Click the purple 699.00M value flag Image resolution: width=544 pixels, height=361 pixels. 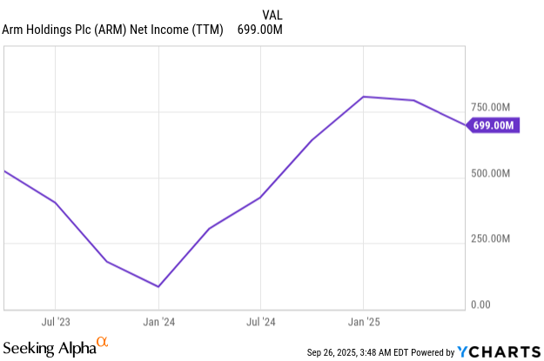point(494,126)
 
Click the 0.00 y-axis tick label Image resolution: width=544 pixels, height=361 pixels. point(480,305)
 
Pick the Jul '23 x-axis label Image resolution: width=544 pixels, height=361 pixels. point(56,321)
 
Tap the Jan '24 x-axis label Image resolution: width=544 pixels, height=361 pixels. point(158,321)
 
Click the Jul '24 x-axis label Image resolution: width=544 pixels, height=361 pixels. point(261,321)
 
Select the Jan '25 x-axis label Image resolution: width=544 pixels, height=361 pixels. point(364,321)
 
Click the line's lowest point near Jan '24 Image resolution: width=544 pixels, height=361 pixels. point(158,286)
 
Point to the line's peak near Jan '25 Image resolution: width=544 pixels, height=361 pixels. point(364,97)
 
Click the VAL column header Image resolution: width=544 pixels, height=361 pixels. point(272,14)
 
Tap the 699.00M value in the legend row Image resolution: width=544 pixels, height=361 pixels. point(260,30)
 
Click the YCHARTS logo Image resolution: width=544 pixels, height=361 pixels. point(500,351)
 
